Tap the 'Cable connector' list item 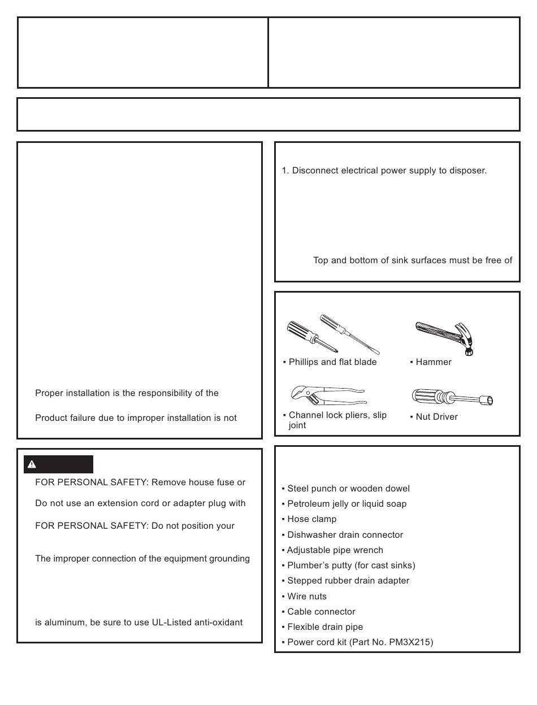click(x=321, y=612)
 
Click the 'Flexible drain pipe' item click(x=325, y=627)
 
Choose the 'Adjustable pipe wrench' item click(x=335, y=550)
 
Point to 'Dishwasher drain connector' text click(x=345, y=535)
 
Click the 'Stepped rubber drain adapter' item click(x=348, y=581)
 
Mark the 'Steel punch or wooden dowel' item click(x=348, y=489)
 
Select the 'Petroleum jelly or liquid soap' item click(x=347, y=504)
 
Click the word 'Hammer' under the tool click(x=434, y=362)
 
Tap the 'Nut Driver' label click(x=436, y=417)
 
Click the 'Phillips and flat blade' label click(x=332, y=362)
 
